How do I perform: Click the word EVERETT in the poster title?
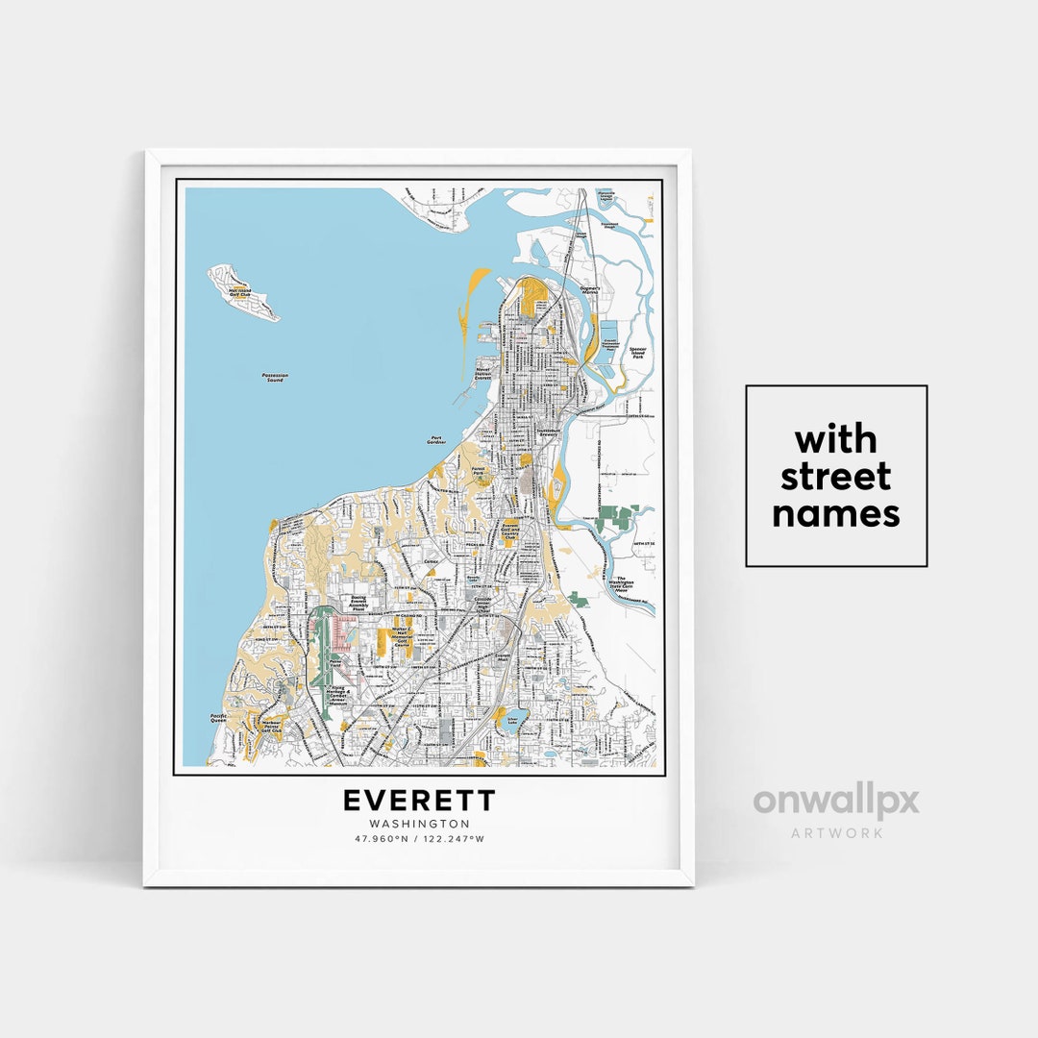click(419, 801)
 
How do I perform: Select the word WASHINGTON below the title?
click(419, 824)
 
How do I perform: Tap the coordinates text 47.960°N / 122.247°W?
click(419, 839)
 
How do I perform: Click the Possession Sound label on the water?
click(275, 378)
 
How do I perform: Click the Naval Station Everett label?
click(482, 374)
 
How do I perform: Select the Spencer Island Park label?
click(636, 353)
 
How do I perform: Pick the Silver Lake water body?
click(510, 723)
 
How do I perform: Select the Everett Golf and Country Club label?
click(510, 531)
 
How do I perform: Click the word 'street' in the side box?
click(835, 477)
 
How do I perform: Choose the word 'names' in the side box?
click(835, 513)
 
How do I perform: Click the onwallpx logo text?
click(835, 801)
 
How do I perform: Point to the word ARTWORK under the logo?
click(835, 832)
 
